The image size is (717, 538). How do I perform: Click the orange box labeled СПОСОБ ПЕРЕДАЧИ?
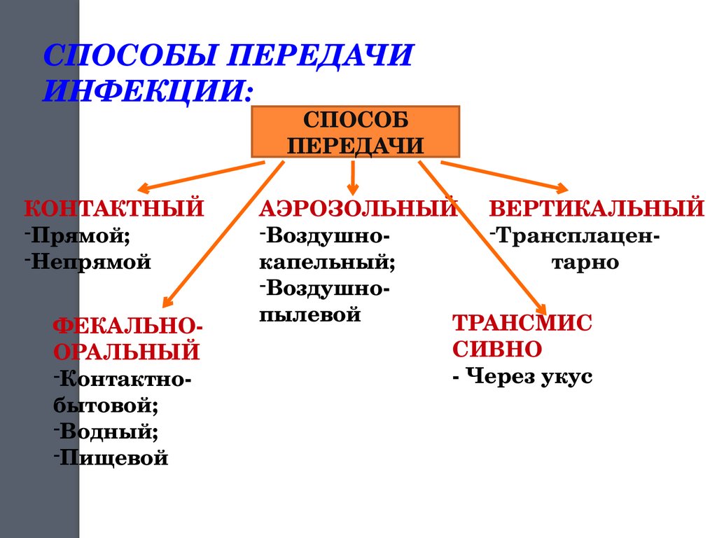tap(355, 132)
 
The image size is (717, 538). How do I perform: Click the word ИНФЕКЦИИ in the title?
tap(147, 90)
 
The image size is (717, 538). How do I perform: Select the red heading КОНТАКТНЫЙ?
tap(115, 208)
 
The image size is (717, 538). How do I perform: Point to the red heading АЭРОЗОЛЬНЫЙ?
tap(359, 208)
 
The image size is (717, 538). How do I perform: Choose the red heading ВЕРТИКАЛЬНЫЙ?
tap(597, 208)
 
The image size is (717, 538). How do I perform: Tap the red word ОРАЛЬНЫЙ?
tap(127, 351)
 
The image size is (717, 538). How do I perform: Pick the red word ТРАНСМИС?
tap(522, 323)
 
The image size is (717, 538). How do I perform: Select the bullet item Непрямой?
tap(92, 262)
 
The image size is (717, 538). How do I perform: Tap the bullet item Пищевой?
tap(112, 458)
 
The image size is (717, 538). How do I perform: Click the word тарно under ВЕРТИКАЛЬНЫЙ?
tap(580, 262)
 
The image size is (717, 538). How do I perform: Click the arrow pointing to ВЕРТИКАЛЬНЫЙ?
tap(503, 174)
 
